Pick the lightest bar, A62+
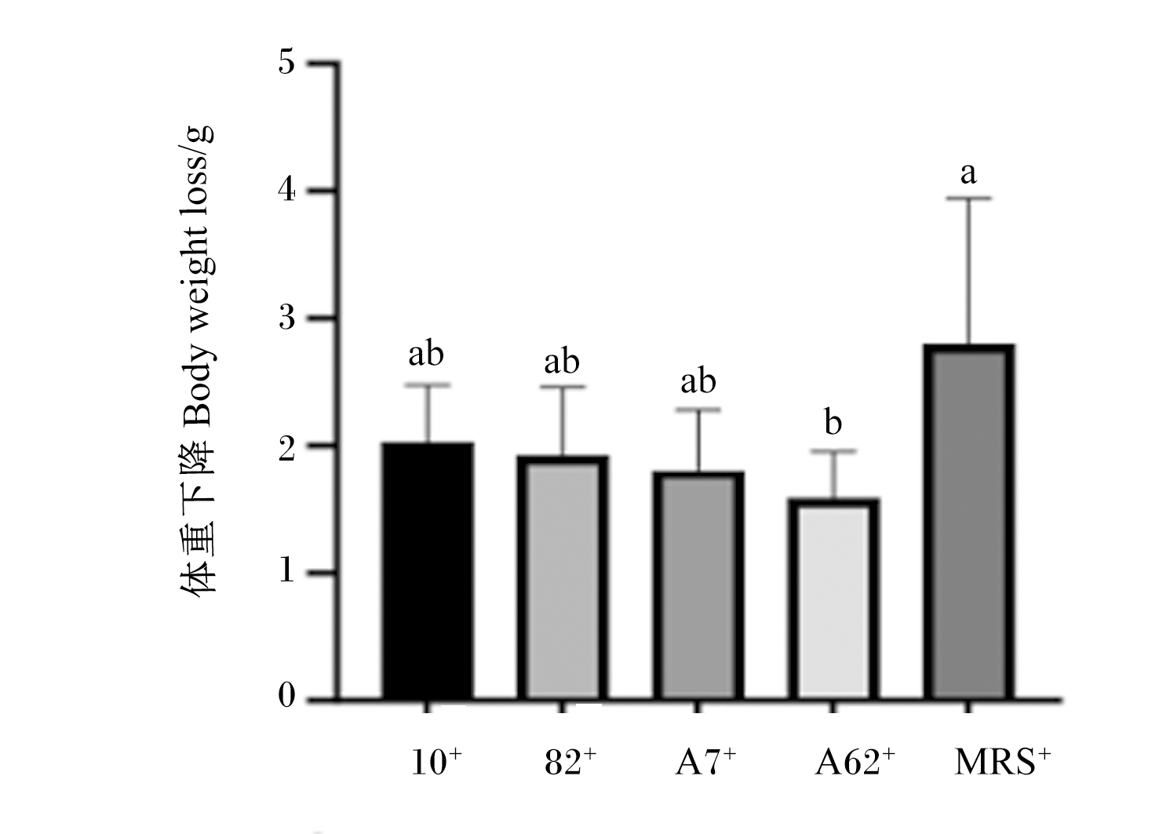(x=833, y=599)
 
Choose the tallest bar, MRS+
(x=969, y=522)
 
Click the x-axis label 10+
(x=436, y=762)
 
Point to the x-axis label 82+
(x=570, y=762)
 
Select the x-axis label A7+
(x=705, y=762)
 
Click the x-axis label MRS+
(x=1002, y=762)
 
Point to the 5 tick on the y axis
(x=287, y=64)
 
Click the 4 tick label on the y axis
(x=287, y=191)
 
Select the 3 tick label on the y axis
(x=287, y=318)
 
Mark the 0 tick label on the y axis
(x=287, y=696)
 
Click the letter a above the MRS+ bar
(x=969, y=174)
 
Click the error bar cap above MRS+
(x=969, y=198)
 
